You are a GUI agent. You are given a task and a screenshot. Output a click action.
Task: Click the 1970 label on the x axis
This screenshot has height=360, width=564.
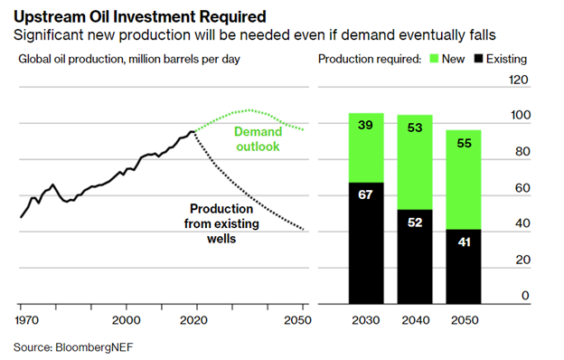point(27,319)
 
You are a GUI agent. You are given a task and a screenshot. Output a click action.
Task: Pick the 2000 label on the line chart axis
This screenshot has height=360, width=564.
point(127,319)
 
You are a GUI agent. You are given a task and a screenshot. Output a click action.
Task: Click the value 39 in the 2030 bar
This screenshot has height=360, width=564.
point(365,126)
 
